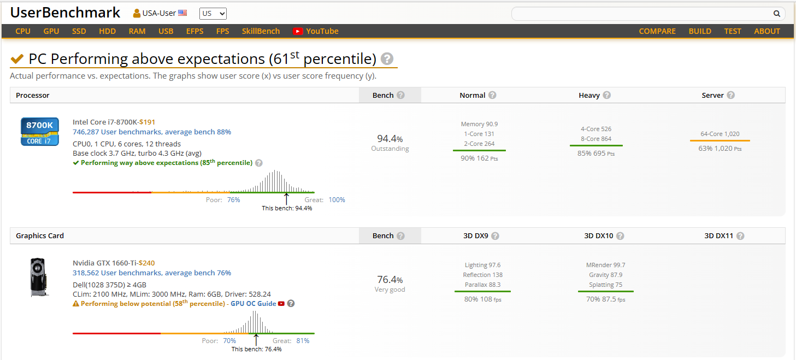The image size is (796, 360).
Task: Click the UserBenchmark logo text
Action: pos(65,13)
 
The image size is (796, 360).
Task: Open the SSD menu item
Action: pos(79,31)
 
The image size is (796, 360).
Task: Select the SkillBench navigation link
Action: pos(261,31)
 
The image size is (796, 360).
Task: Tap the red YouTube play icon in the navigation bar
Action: pos(298,31)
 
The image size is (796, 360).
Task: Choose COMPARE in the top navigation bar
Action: pos(657,31)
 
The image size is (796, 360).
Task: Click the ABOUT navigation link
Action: pos(767,31)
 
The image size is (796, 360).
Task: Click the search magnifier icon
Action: pos(777,14)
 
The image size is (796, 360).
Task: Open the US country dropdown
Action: pos(213,14)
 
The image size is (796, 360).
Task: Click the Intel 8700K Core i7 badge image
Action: pos(39,131)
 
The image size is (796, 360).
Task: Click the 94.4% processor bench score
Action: pos(390,139)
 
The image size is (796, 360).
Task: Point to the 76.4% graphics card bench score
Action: pos(390,280)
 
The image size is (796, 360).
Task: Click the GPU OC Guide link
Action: pos(253,303)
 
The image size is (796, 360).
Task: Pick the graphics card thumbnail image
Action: pos(38,278)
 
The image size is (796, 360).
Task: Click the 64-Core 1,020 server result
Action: pos(720,134)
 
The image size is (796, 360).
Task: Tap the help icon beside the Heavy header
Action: pos(607,95)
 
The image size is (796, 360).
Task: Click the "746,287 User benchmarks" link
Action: pos(117,132)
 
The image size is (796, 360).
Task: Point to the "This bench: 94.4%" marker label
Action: pos(287,208)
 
